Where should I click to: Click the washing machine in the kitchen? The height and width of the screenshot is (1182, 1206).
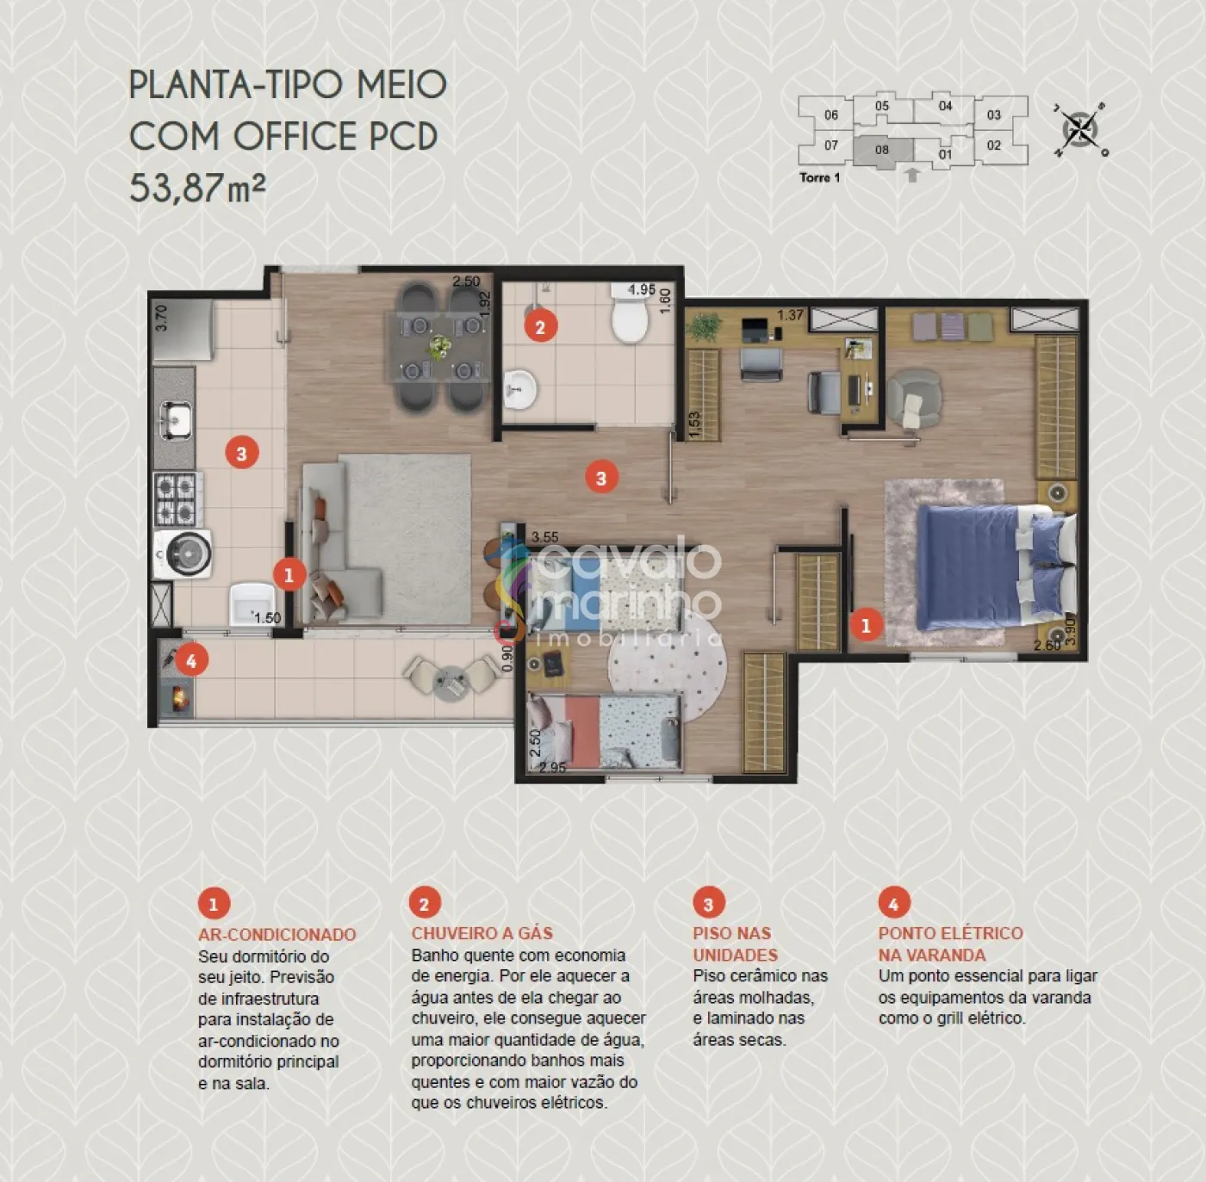[x=182, y=554]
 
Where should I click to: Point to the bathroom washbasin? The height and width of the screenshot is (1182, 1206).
[x=519, y=389]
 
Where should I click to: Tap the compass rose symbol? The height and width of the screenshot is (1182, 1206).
[x=1081, y=130]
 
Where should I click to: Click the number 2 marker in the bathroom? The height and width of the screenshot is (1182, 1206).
[x=541, y=326]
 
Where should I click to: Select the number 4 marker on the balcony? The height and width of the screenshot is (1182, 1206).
[x=191, y=661]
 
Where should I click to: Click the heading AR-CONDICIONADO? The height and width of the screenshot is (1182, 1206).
[x=277, y=934]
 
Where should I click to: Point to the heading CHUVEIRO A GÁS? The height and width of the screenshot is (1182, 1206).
[x=482, y=933]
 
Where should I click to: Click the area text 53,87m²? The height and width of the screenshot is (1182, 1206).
[x=197, y=187]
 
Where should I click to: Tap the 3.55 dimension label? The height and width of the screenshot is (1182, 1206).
[x=544, y=537]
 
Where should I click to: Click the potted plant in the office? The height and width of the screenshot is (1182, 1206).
[x=706, y=326]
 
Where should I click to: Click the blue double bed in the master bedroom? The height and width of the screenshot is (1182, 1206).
[x=995, y=568]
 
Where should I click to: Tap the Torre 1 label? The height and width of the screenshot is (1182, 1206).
[x=819, y=177]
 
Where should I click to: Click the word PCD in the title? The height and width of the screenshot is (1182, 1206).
[x=403, y=136]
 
